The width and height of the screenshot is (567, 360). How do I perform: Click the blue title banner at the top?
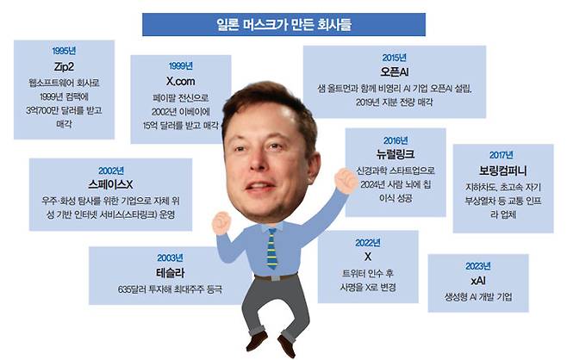tap(283, 25)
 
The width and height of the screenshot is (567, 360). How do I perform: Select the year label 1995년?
tap(64, 51)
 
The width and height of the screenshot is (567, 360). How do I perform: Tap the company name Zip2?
tap(64, 66)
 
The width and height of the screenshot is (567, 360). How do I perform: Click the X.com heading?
tap(180, 81)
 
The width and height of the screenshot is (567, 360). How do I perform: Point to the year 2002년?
tap(111, 171)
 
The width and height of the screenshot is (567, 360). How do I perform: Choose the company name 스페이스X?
tap(110, 184)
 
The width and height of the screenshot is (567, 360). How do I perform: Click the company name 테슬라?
tap(170, 272)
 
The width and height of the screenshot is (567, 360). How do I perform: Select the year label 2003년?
tap(170, 258)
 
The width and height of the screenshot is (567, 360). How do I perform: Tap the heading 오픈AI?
tap(394, 72)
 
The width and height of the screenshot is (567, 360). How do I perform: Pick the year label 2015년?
tap(394, 58)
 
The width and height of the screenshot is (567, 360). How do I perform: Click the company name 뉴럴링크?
tap(396, 154)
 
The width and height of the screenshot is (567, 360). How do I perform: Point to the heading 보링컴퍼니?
tap(502, 171)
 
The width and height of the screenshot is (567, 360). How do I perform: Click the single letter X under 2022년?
tap(368, 257)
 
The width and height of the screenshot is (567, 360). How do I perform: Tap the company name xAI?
tap(478, 281)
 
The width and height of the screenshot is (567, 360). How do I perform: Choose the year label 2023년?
tap(478, 266)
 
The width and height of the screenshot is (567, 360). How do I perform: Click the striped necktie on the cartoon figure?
tap(272, 250)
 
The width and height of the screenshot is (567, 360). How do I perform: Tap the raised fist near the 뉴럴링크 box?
tap(346, 180)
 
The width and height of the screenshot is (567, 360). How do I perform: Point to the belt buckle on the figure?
tap(275, 278)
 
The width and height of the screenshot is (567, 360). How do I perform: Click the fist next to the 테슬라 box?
tap(221, 223)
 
